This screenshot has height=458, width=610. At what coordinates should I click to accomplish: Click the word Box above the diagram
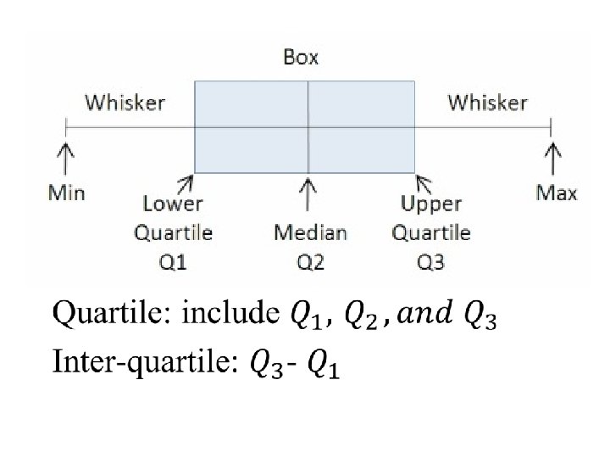pos(301,58)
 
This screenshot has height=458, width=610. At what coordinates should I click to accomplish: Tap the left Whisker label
pos(125,103)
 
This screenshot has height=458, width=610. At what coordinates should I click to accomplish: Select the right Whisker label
pos(487,103)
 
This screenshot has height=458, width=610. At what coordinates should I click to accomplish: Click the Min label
pos(66,193)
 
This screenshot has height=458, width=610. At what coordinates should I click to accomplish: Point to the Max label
pos(557,193)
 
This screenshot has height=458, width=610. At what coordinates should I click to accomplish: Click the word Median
pos(310,232)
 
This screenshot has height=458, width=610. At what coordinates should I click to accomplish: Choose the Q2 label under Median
pos(310,262)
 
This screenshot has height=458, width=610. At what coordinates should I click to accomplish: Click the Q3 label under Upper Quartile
pos(430,262)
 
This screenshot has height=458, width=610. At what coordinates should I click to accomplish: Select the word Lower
pos(173,204)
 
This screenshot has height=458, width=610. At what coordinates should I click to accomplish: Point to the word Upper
pos(430,204)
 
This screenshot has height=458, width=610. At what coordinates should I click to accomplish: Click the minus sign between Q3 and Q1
pos(291,364)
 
